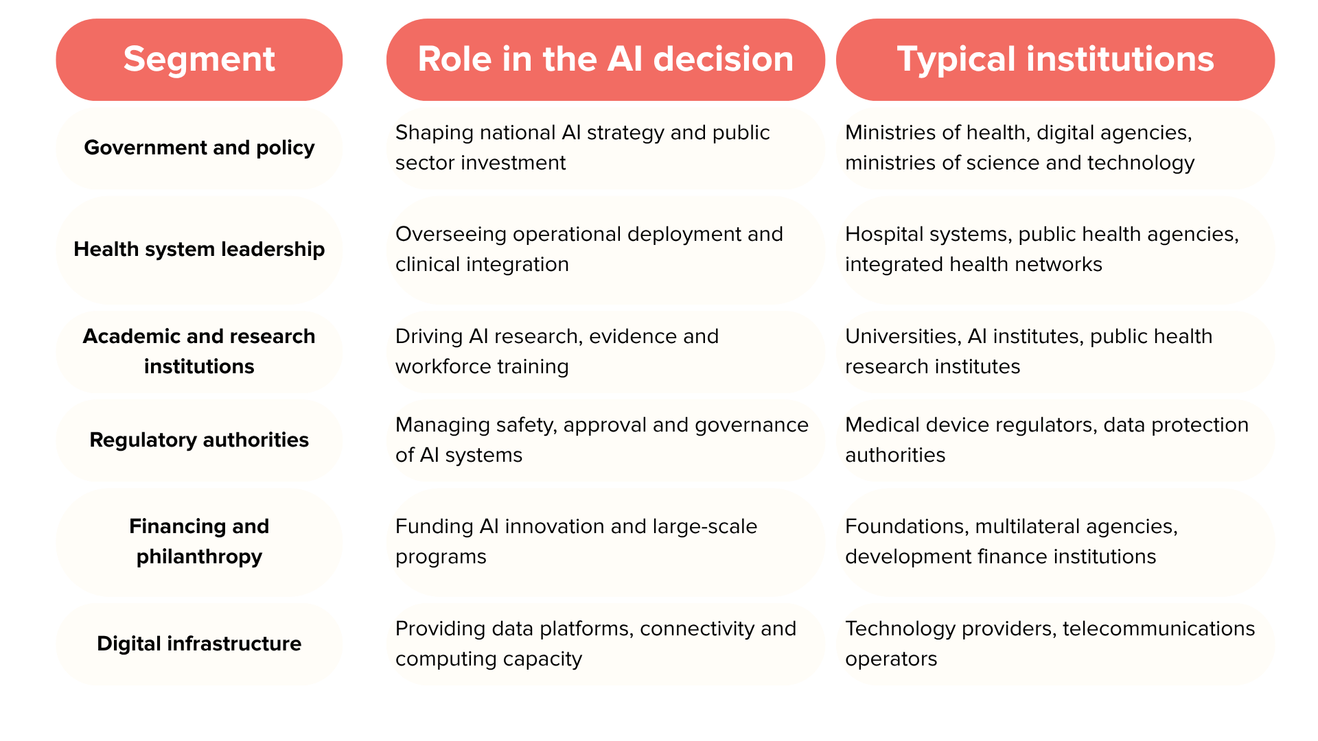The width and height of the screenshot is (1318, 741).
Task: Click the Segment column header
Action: coord(199,60)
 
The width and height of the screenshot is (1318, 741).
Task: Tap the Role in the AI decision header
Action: coord(605,60)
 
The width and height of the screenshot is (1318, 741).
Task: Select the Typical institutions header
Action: coord(1055,60)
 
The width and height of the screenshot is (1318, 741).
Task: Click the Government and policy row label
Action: coord(199,148)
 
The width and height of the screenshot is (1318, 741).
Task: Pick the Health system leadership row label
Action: coord(199,249)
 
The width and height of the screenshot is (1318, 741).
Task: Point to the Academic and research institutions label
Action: coord(199,351)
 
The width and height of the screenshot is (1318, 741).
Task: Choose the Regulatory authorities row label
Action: coord(199,440)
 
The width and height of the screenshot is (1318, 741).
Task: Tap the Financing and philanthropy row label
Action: coord(199,541)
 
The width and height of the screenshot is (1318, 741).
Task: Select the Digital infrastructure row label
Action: coord(199,644)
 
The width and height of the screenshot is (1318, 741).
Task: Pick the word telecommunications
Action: coord(1159,628)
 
